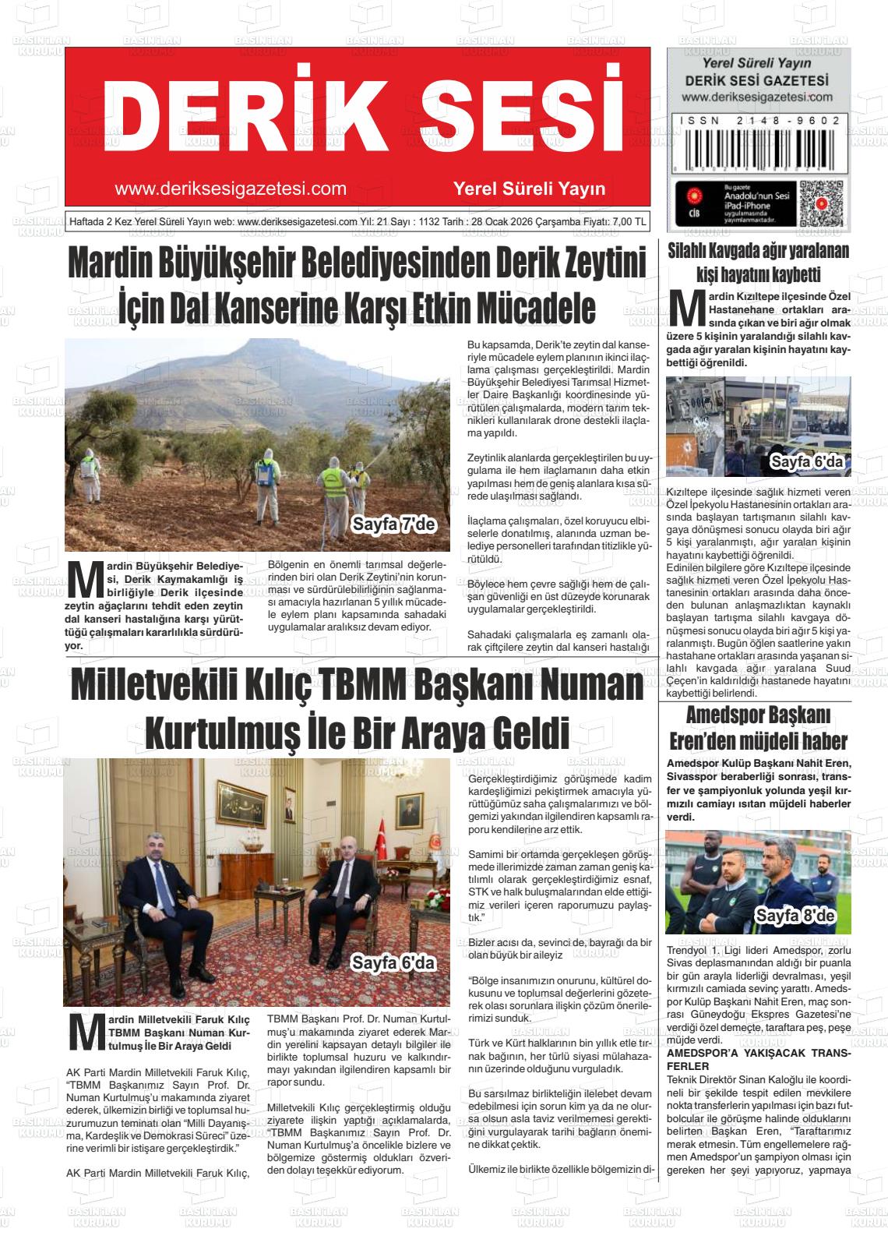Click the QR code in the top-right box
pos(821,204)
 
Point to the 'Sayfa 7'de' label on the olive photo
pos(393,524)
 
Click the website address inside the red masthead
pos(230,189)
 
